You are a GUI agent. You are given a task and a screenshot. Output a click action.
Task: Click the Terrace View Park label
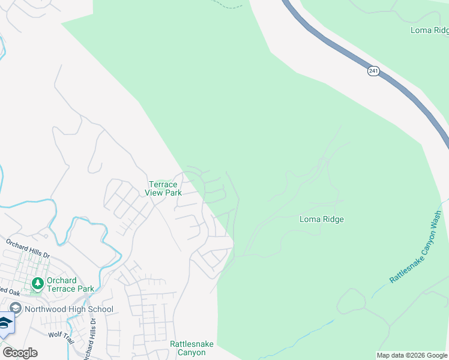click(164, 188)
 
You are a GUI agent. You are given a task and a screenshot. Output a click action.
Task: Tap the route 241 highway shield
click(373, 71)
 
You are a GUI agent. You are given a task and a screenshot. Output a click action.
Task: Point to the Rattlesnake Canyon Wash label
click(415, 247)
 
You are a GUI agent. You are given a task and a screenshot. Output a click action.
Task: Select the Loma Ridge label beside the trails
click(322, 220)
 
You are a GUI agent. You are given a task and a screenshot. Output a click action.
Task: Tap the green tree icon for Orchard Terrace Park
click(37, 283)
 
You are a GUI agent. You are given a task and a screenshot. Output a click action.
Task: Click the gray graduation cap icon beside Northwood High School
click(15, 309)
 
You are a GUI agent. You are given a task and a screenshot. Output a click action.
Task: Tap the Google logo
click(20, 353)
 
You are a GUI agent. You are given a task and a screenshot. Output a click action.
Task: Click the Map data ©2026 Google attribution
click(412, 355)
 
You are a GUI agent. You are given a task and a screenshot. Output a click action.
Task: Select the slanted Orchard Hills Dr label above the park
click(28, 249)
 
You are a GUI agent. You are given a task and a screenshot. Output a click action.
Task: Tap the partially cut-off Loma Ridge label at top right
click(429, 30)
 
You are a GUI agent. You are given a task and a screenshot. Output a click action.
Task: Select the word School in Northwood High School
click(99, 310)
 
